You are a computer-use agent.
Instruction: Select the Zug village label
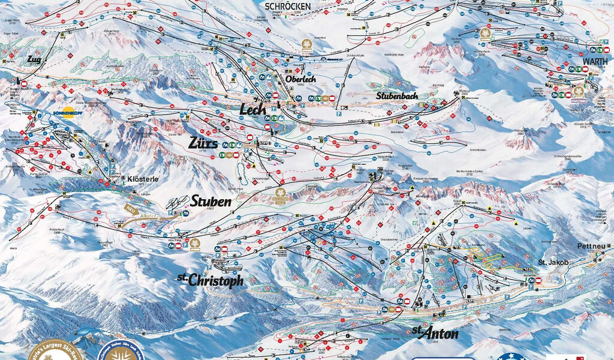coord(34,60)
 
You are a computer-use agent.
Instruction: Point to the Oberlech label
coord(300,80)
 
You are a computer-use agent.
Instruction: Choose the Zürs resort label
coord(203,143)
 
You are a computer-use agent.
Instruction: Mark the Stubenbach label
coord(396,95)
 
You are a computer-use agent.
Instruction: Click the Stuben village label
coord(211,202)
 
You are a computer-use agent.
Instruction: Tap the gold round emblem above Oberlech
coord(307,46)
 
